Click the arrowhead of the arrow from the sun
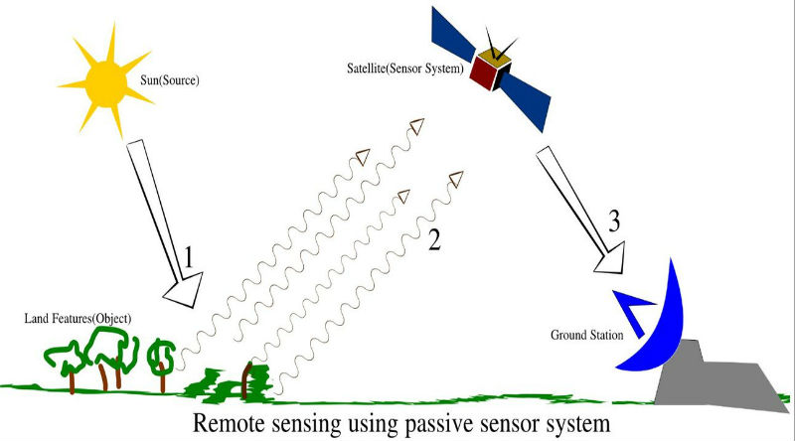click(x=182, y=293)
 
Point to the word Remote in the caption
click(x=231, y=420)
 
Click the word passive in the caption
click(x=452, y=422)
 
